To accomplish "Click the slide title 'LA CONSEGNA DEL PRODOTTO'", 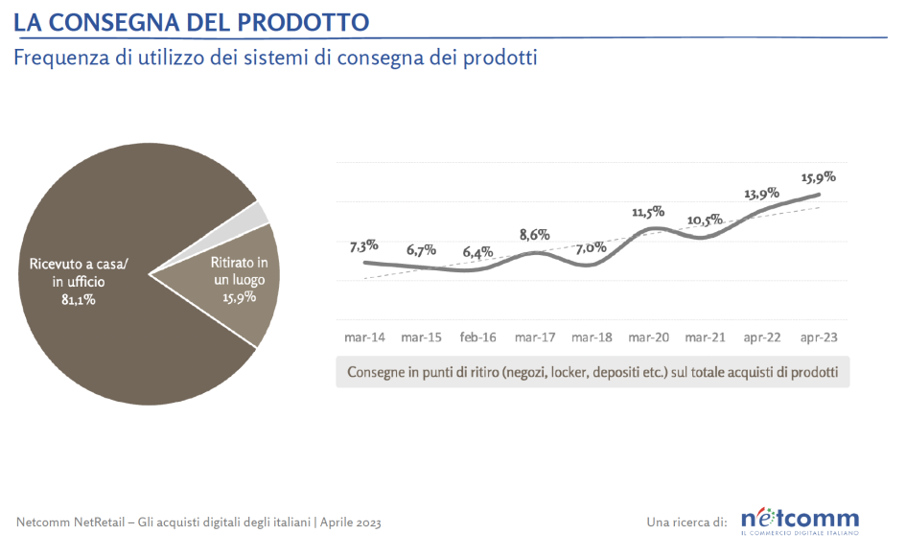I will (x=192, y=20).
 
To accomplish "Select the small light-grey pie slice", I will (x=262, y=214).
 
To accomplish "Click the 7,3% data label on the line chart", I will (x=363, y=245).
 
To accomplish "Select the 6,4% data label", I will (x=476, y=253).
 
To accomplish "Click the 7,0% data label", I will (x=592, y=247).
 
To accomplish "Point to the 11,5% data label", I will (x=648, y=212).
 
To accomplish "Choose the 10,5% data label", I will (x=705, y=220).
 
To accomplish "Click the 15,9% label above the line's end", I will (x=818, y=176).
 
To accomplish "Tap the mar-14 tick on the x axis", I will (x=364, y=337).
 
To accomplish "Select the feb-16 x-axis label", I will (x=477, y=337).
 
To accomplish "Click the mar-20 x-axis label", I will (x=648, y=337).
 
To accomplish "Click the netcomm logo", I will (x=800, y=519).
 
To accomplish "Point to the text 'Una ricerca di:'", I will (x=687, y=522).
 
